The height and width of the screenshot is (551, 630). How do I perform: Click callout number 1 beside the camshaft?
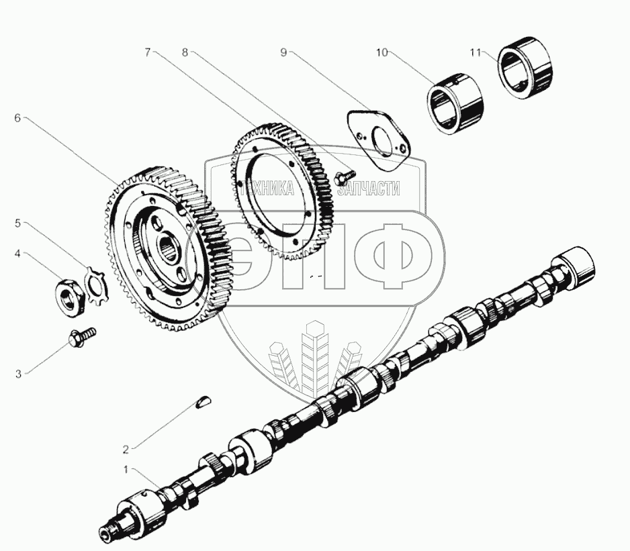[x=126, y=469]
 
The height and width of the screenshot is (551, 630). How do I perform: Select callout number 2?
[x=126, y=450]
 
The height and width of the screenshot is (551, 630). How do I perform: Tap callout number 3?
[x=18, y=374]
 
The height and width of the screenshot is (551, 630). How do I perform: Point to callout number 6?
[x=17, y=119]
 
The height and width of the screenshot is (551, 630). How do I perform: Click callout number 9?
[x=283, y=52]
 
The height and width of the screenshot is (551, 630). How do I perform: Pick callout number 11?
[x=476, y=52]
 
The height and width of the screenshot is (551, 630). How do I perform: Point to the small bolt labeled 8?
[x=345, y=176]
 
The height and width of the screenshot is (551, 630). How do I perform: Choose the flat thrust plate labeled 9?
[x=377, y=138]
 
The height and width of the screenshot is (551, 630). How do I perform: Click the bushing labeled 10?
[x=455, y=103]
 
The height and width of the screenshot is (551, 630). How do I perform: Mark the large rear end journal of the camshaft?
[x=576, y=266]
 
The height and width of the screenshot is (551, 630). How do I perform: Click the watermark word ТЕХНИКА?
[x=267, y=188]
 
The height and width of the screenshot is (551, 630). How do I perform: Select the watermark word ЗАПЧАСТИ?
[x=369, y=188]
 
